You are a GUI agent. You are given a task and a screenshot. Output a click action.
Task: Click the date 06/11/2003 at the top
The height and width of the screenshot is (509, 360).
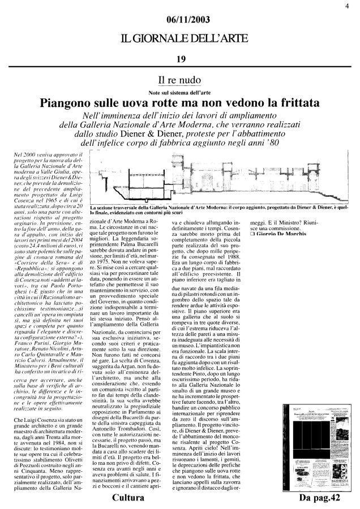point(181,21)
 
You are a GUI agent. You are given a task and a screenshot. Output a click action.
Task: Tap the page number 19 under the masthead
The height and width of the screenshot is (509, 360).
point(181,59)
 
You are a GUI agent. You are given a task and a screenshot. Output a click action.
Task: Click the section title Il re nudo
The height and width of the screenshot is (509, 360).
point(180,81)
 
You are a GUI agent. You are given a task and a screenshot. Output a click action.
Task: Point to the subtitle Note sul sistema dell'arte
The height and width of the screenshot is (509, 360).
point(181,91)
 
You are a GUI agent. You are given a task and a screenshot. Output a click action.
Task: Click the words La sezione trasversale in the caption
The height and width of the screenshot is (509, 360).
point(117,208)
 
